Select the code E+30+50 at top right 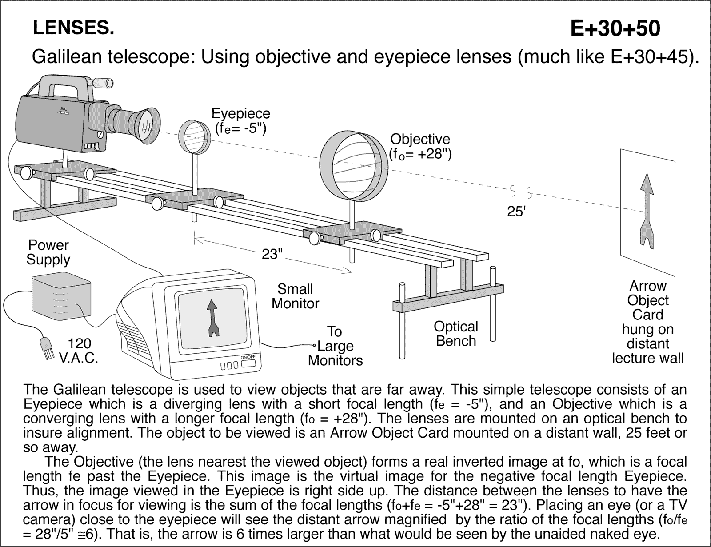[615, 28]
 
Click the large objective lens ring [355, 166]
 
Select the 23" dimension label [272, 254]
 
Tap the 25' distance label [516, 212]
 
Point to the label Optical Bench [455, 334]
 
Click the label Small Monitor [295, 296]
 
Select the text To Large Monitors [335, 346]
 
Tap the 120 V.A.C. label [79, 351]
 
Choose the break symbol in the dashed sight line [520, 192]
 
